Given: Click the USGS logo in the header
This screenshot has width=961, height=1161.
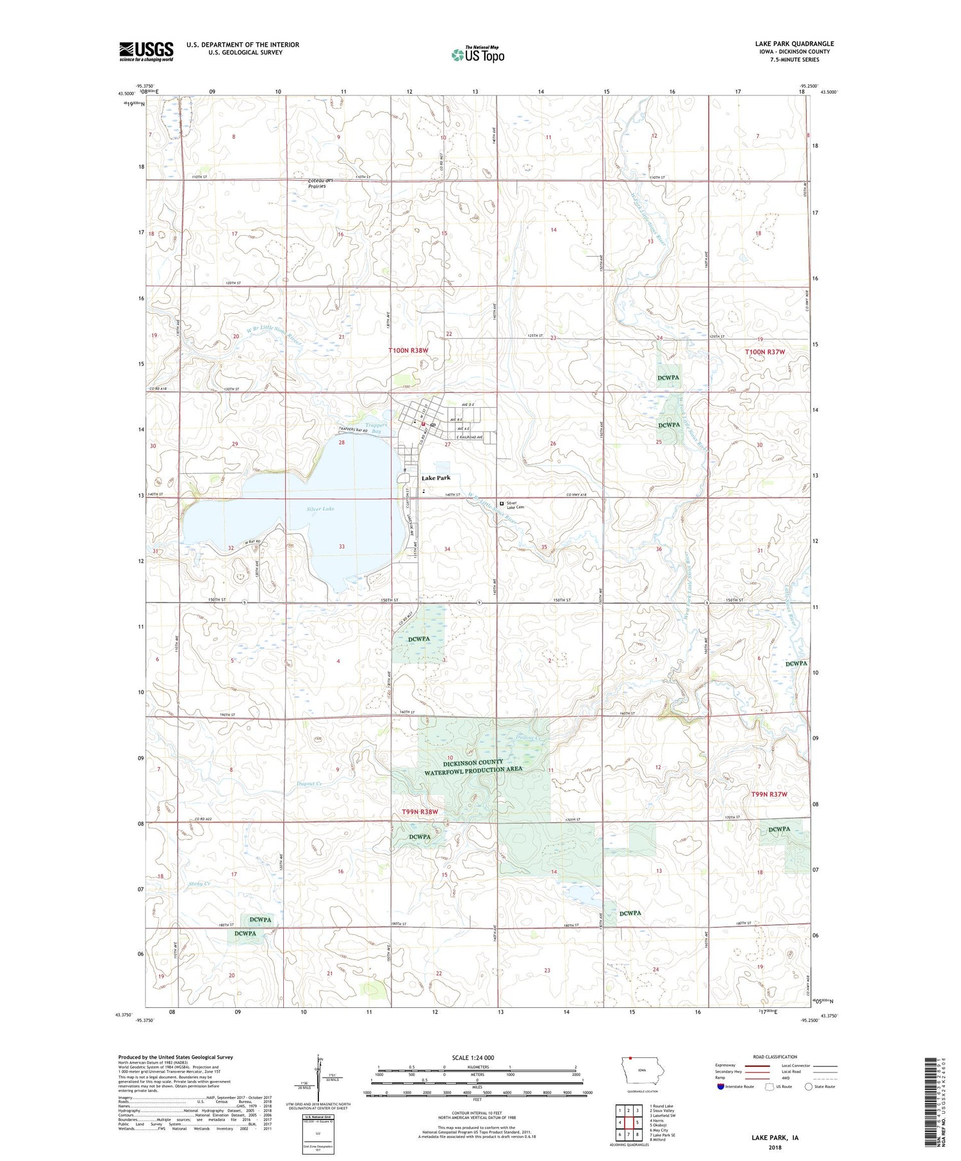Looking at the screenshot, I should tap(146, 51).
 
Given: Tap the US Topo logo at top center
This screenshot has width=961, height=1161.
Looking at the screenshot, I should tap(477, 54).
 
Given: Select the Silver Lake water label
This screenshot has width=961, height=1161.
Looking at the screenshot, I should tap(320, 508).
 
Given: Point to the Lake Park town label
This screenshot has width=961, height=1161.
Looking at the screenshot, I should tap(436, 478).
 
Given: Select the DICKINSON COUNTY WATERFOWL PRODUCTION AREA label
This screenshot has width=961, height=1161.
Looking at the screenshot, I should tap(473, 765).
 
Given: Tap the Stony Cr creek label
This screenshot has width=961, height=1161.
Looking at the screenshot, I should tap(199, 884).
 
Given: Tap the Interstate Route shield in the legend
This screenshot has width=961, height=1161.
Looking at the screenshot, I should tap(721, 1086).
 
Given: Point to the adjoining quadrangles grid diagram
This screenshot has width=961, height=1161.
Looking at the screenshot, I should tap(628, 1123).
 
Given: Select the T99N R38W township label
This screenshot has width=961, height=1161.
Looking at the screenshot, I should tap(420, 812).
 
